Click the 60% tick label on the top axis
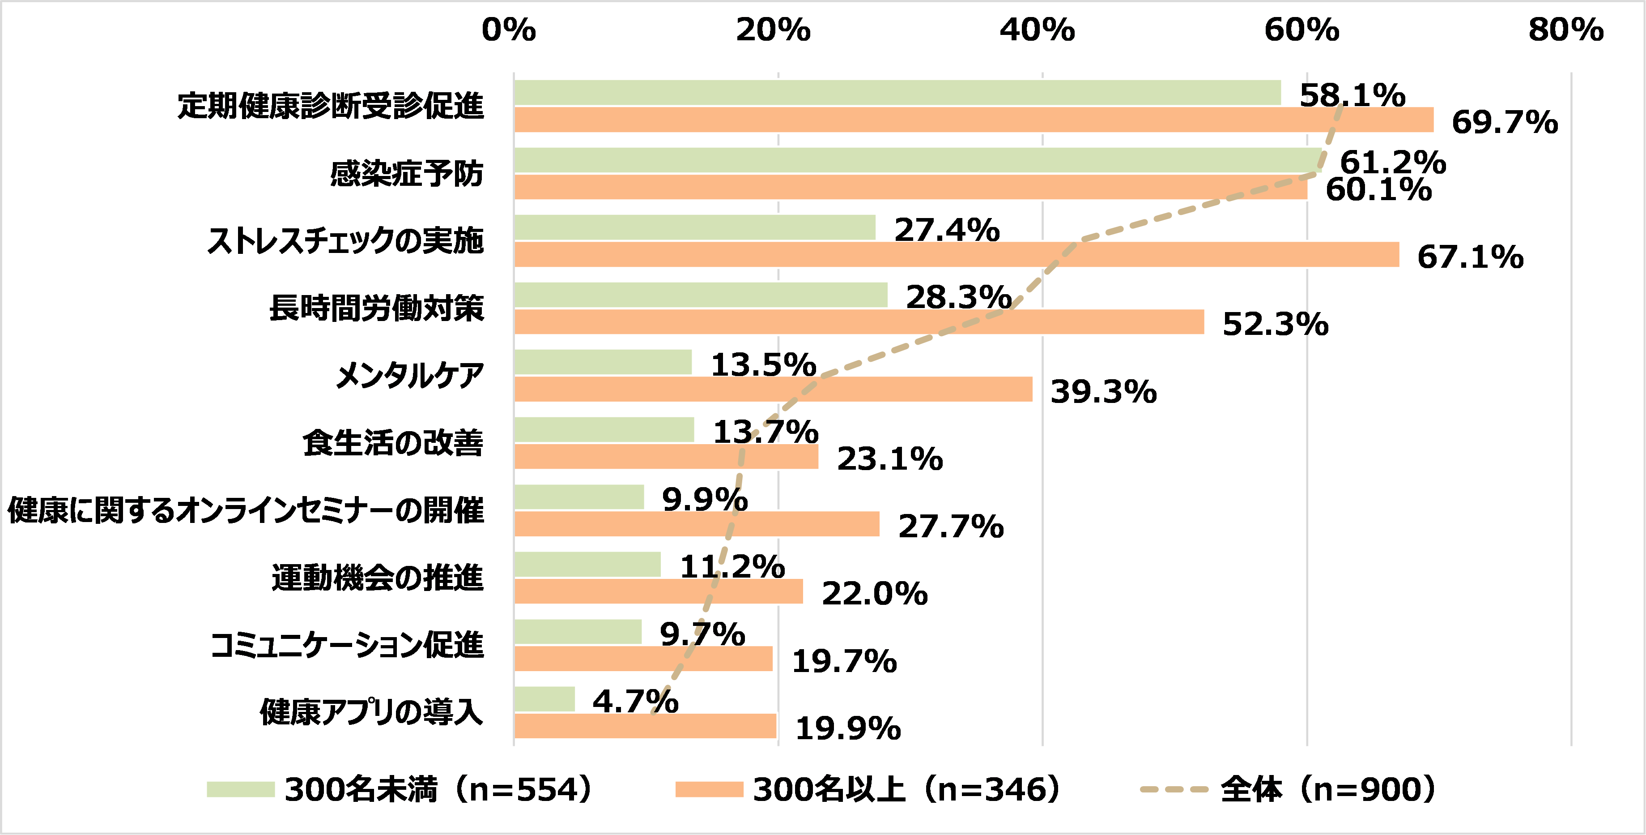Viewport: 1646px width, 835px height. (1301, 30)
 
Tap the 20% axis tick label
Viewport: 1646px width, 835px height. (773, 30)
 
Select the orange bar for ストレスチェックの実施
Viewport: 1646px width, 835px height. (956, 254)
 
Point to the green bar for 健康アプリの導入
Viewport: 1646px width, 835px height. (544, 699)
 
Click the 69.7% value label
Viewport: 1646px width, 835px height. (1505, 122)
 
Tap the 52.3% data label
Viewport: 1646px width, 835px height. (1276, 324)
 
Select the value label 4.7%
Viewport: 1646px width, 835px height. (635, 702)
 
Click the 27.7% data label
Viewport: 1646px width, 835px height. (951, 526)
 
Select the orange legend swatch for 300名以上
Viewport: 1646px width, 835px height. (709, 790)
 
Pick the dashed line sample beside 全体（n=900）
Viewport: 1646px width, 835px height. (1174, 790)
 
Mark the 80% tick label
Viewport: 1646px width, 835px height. (1565, 30)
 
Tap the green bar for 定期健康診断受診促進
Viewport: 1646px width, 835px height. (897, 93)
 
